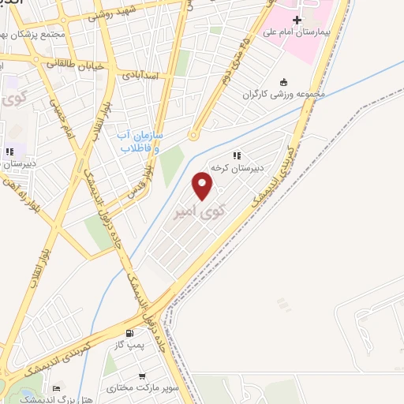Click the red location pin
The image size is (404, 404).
coord(204,186)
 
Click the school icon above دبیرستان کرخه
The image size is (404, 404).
coord(236,156)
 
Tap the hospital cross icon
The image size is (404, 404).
coord(297,21)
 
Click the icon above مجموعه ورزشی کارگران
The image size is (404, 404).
coord(283,82)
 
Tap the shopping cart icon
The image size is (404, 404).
coord(142,376)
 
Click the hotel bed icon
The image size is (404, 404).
coord(56,388)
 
